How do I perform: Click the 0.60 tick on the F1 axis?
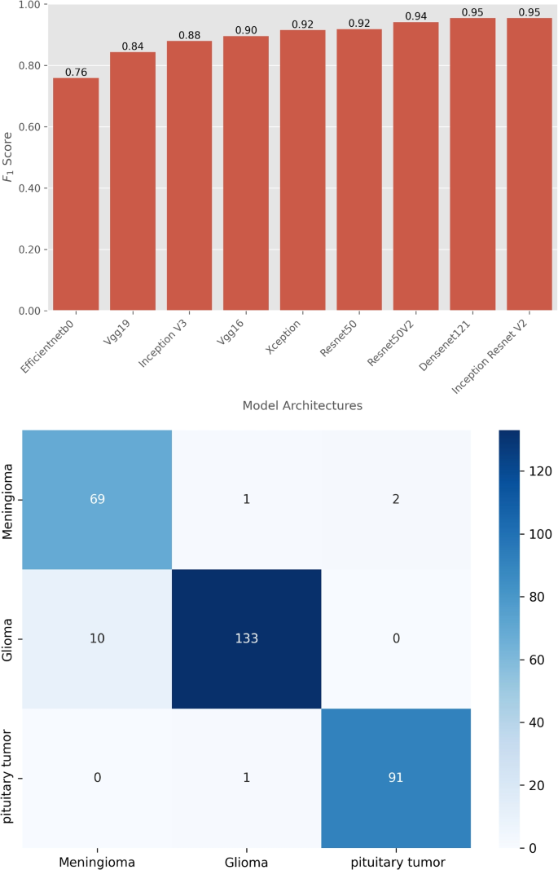30,127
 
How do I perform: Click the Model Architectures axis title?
302,405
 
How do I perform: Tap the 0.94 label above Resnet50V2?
415,15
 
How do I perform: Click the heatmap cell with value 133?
247,638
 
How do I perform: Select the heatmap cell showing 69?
97,499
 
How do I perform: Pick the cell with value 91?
396,778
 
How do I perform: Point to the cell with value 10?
97,638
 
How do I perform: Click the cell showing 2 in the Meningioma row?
396,499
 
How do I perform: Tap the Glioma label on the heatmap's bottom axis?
247,860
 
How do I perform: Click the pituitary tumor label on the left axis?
10,778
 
